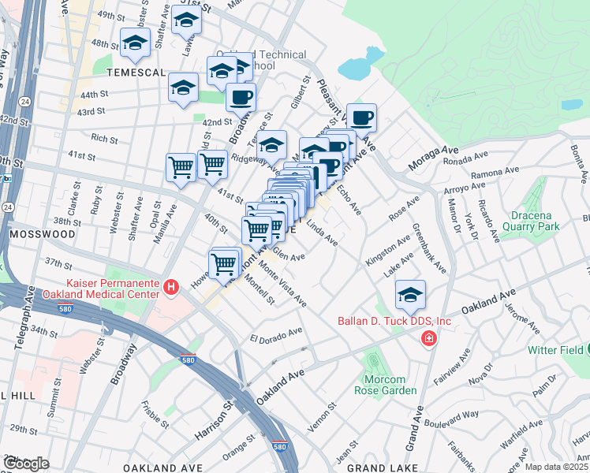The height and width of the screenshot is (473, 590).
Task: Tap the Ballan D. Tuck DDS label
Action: [x=394, y=321]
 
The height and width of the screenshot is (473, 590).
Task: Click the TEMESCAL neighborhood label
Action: [x=136, y=72]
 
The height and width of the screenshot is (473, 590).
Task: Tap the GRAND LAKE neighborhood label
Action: [x=378, y=467]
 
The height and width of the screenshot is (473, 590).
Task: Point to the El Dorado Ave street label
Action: [x=276, y=336]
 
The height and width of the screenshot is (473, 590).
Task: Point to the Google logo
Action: [x=26, y=463]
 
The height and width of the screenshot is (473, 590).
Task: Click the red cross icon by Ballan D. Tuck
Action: [x=428, y=339]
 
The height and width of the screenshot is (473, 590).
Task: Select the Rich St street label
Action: [x=103, y=140]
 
